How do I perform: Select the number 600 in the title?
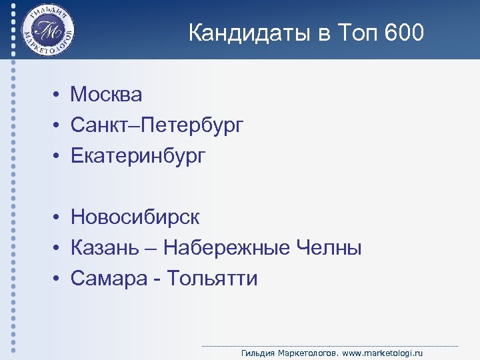click(x=403, y=33)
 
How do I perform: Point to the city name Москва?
click(x=107, y=95)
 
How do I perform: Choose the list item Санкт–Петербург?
click(x=157, y=125)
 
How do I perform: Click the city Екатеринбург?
click(x=139, y=156)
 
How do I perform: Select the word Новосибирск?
click(x=135, y=217)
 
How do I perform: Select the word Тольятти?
click(x=212, y=278)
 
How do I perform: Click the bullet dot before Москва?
click(x=59, y=95)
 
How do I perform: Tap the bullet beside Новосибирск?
click(x=59, y=217)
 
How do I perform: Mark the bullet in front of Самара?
click(x=59, y=279)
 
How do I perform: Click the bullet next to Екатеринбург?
click(x=59, y=157)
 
